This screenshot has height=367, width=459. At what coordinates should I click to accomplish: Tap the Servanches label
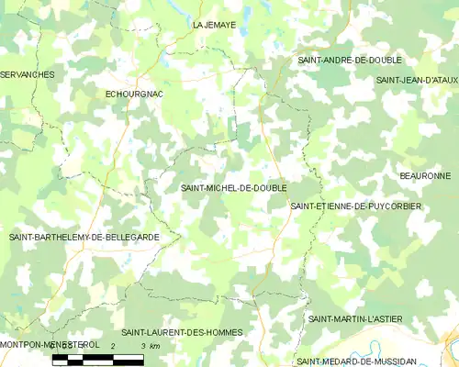[x=27, y=73]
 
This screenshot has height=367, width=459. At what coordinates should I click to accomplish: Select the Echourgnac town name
[x=135, y=94]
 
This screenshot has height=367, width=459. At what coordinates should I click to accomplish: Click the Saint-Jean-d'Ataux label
[x=417, y=80]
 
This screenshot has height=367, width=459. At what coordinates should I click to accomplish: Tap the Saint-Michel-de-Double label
[x=234, y=187]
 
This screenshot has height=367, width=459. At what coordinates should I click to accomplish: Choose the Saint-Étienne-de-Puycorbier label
[x=356, y=206]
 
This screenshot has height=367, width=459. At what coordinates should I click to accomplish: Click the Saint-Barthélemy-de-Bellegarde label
[x=84, y=237]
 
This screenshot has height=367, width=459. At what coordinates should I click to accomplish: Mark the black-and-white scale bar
[x=98, y=358]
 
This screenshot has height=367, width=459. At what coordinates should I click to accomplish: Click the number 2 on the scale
[x=113, y=345]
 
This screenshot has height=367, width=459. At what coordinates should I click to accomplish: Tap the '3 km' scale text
[x=149, y=345]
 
